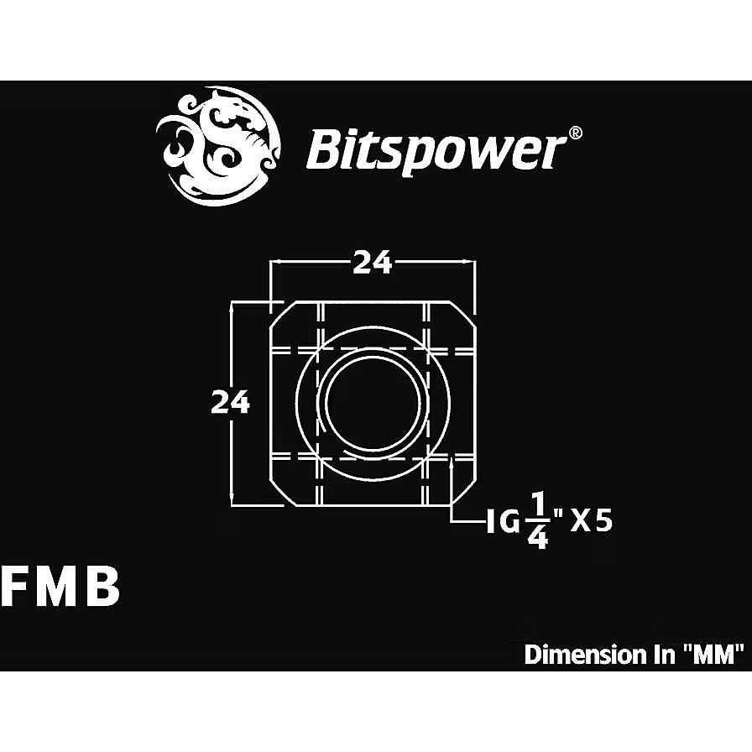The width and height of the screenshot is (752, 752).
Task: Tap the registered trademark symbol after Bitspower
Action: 576,133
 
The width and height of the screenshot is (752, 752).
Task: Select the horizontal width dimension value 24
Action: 373,263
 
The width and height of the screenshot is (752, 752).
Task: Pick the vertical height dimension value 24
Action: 230,402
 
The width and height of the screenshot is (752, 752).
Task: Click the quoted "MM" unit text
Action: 713,655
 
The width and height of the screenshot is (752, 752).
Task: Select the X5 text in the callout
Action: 592,522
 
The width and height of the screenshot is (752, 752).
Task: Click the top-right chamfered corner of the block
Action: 463,315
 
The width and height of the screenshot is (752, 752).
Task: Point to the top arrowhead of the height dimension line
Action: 232,306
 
